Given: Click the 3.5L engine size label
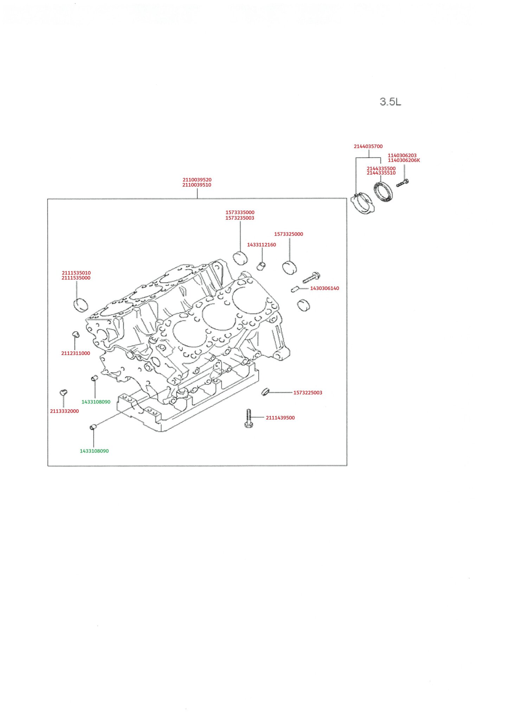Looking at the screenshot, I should tap(390, 102).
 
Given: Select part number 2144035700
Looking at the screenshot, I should tap(368, 146).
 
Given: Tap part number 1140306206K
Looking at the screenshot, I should tap(404, 160).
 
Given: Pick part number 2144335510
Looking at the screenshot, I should tap(381, 173).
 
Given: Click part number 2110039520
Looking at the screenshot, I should tap(197, 180).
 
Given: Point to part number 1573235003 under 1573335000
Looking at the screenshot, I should tap(240, 218).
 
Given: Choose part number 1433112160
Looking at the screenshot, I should tap(262, 245).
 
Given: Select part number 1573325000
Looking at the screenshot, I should tap(289, 234).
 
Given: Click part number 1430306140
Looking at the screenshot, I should tap(324, 288).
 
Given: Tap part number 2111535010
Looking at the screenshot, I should tap(76, 273).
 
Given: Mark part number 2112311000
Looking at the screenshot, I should tap(76, 353).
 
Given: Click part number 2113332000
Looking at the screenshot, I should tap(64, 411).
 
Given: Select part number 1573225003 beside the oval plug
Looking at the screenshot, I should tap(308, 393).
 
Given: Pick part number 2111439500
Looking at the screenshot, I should tap(280, 418).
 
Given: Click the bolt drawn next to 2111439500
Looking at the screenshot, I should tap(249, 419).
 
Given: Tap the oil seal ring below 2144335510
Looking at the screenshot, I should tap(383, 192).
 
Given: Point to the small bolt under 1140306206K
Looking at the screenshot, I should tap(402, 183).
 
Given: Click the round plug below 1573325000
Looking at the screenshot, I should tap(290, 268).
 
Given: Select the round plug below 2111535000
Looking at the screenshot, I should tap(81, 304).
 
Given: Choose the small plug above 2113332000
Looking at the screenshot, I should tap(64, 392).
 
